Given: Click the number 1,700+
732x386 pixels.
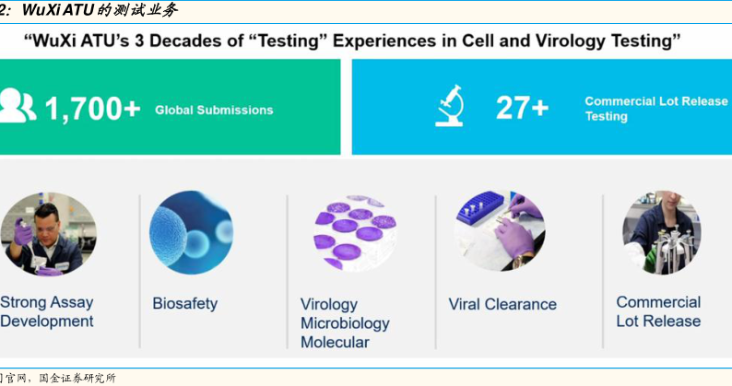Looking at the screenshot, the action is (x=92, y=110).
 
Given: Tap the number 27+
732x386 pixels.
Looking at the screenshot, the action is (x=522, y=108).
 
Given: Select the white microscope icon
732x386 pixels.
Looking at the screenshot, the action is (x=450, y=106).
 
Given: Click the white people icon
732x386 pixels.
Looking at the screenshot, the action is (x=18, y=106).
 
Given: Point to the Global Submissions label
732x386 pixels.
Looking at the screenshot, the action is (x=214, y=111).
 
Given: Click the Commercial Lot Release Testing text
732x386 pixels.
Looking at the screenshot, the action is (x=655, y=109).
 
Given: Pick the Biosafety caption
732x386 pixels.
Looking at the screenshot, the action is (x=185, y=304).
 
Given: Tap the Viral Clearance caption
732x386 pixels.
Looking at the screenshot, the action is (x=502, y=304).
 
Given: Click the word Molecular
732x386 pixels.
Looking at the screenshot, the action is (x=335, y=342).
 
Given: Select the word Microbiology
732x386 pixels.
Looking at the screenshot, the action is (x=345, y=323).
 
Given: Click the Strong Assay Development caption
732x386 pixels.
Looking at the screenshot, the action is (x=47, y=311).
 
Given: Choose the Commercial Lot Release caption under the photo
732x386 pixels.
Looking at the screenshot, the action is (x=658, y=311).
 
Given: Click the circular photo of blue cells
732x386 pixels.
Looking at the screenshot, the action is (x=192, y=232).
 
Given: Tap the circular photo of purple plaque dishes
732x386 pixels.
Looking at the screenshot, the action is (x=355, y=233).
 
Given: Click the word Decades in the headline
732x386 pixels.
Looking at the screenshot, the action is (x=187, y=41).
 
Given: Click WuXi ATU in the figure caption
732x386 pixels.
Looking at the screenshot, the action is (x=58, y=10).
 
